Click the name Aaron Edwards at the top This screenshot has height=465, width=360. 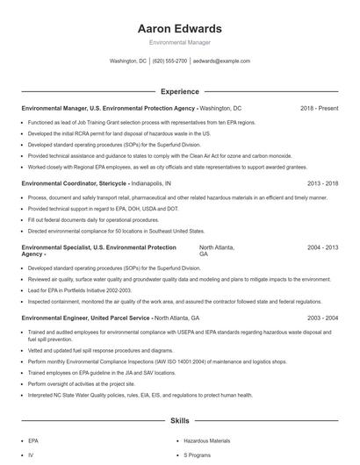click(x=180, y=29)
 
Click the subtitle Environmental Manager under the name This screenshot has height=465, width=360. click(x=180, y=42)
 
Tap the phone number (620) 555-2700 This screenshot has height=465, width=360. click(x=169, y=61)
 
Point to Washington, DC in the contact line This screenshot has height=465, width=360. click(x=128, y=61)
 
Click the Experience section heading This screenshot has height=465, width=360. click(x=180, y=90)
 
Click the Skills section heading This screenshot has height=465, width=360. click(x=180, y=421)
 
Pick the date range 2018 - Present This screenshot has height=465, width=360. click(x=319, y=108)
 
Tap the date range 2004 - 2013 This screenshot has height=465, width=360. click(x=322, y=248)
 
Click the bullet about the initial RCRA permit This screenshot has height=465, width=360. click(x=119, y=133)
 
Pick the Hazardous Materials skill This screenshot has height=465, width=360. click(x=206, y=441)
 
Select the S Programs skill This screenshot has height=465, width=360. click(x=198, y=456)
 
